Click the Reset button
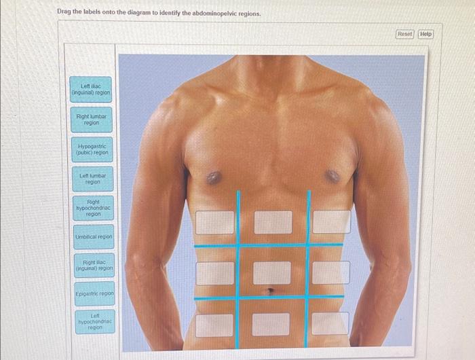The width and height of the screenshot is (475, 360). point(404,34)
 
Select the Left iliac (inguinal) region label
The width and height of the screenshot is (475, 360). point(91,89)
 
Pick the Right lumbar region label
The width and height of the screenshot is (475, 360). point(91,120)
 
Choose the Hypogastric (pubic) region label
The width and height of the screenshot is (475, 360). point(92,149)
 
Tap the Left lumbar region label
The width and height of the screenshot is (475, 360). point(92,179)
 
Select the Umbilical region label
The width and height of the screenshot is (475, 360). point(93,236)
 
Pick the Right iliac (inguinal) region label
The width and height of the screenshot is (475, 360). point(94,265)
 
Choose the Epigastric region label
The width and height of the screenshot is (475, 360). point(94,293)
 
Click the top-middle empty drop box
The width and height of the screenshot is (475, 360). point(273,222)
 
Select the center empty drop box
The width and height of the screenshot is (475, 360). point(272,272)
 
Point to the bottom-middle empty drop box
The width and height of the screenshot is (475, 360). point(271,324)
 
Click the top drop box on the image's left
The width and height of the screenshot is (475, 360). point(215,222)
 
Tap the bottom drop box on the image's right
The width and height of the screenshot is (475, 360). point(330,323)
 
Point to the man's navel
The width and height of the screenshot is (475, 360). point(271,291)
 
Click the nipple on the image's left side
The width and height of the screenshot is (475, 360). point(214,178)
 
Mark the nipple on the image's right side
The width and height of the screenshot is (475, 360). point(332,176)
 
